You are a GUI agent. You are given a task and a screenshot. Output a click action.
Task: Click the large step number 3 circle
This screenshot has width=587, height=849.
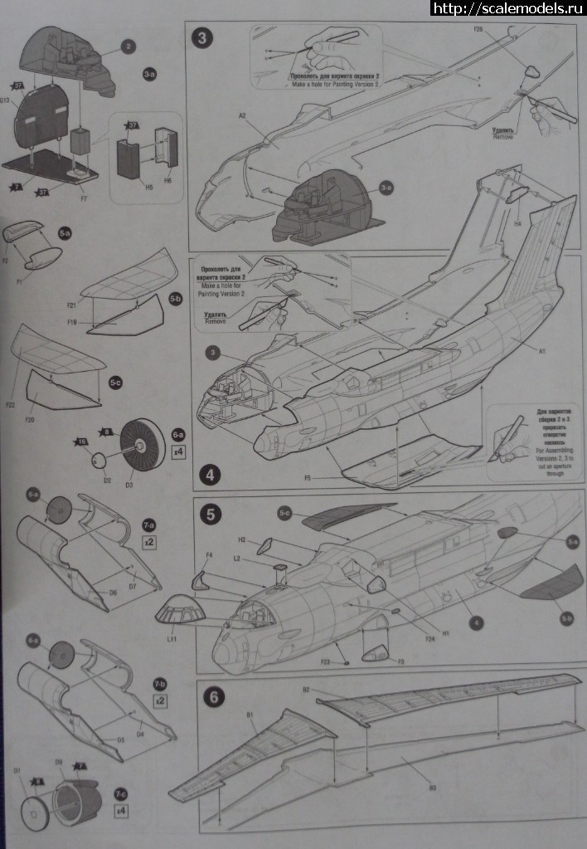[202, 39]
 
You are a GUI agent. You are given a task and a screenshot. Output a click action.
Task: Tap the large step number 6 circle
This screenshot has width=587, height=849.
[212, 697]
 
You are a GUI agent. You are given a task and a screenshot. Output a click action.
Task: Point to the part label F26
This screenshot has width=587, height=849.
[478, 30]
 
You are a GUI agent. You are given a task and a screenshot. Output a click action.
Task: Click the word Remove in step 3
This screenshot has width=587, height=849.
[502, 137]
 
